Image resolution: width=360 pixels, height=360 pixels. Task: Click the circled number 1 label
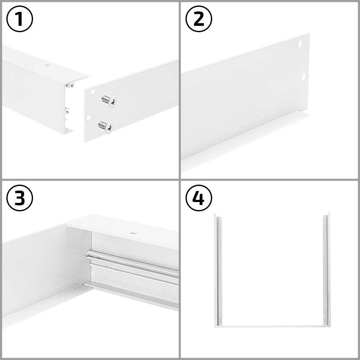click(x=20, y=20)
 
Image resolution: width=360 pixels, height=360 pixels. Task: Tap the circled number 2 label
click(x=199, y=20)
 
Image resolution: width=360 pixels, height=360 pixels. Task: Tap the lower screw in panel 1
click(x=105, y=126)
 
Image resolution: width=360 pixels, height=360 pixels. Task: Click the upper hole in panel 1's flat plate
click(x=91, y=91)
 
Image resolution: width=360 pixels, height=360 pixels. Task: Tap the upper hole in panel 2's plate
click(x=300, y=44)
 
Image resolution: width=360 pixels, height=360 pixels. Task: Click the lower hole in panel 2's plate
click(x=303, y=77)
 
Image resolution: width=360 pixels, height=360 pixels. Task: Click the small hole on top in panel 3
click(x=134, y=233)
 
